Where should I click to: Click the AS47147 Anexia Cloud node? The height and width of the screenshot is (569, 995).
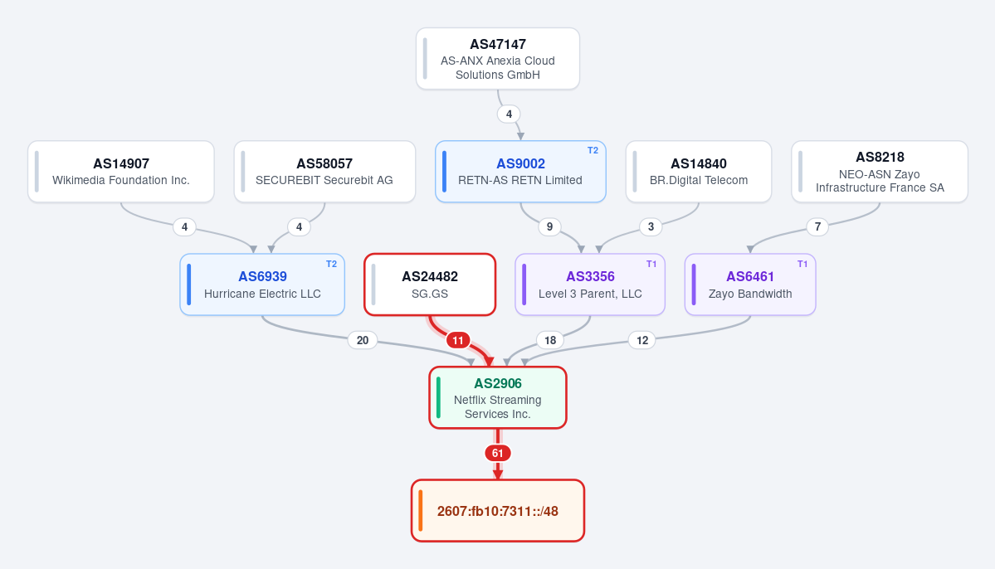(x=498, y=59)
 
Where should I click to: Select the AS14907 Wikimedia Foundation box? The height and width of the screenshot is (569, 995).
(x=120, y=172)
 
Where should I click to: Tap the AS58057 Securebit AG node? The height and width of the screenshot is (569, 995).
(x=324, y=172)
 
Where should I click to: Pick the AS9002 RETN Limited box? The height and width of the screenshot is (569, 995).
(x=520, y=172)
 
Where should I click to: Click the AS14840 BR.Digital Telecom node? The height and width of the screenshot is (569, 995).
(x=699, y=172)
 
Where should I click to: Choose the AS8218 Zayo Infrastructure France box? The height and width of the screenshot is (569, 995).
(x=880, y=172)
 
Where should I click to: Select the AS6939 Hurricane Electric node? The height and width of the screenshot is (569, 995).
(x=262, y=284)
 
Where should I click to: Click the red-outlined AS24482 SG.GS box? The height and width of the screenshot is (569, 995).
(x=430, y=284)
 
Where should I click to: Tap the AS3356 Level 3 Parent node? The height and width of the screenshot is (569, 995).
(x=590, y=284)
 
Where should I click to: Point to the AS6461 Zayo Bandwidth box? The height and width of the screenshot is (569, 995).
(x=750, y=284)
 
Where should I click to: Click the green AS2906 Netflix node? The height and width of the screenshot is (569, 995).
(x=498, y=398)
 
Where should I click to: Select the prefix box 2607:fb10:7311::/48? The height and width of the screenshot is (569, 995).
(x=498, y=511)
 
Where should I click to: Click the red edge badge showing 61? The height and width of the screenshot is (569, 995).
(x=498, y=454)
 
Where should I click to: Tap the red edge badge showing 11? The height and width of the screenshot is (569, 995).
(x=457, y=341)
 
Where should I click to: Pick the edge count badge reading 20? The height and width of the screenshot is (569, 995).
(x=363, y=341)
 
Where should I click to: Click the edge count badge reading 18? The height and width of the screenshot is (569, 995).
(x=550, y=341)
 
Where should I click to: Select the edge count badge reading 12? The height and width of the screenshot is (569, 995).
(x=642, y=341)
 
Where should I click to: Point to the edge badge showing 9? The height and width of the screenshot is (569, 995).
(x=549, y=226)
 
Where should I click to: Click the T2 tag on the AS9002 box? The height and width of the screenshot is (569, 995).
(x=593, y=151)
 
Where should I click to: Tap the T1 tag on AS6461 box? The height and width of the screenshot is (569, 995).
(x=802, y=264)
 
